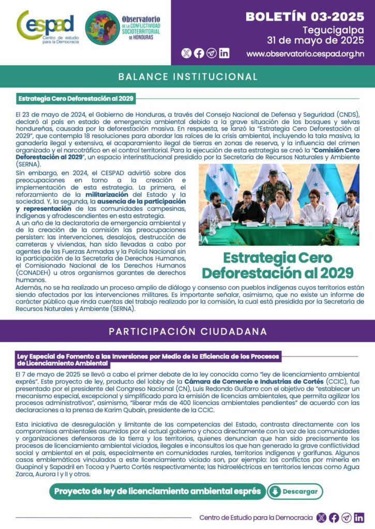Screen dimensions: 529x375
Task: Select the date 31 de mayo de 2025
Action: pyautogui.click(x=315, y=40)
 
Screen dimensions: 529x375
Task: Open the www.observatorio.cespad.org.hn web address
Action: pyautogui.click(x=305, y=53)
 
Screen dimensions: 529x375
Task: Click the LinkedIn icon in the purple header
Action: pyautogui.click(x=224, y=53)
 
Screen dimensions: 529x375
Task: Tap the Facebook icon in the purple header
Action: pyautogui.click(x=199, y=53)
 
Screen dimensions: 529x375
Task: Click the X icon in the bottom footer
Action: pyautogui.click(x=321, y=517)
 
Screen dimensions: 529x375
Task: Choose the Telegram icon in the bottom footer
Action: pyautogui.click(x=347, y=517)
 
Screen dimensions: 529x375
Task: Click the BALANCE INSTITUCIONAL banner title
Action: pyautogui.click(x=188, y=77)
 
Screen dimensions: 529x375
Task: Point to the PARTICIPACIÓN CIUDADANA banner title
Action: pyautogui.click(x=188, y=331)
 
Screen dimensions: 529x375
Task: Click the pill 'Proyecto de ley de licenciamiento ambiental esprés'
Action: pyautogui.click(x=158, y=491)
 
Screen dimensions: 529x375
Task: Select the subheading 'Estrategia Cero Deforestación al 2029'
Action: pyautogui.click(x=76, y=98)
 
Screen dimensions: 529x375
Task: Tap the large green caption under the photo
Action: pyautogui.click(x=278, y=265)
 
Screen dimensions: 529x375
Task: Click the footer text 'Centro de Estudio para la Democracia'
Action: pyautogui.click(x=256, y=517)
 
